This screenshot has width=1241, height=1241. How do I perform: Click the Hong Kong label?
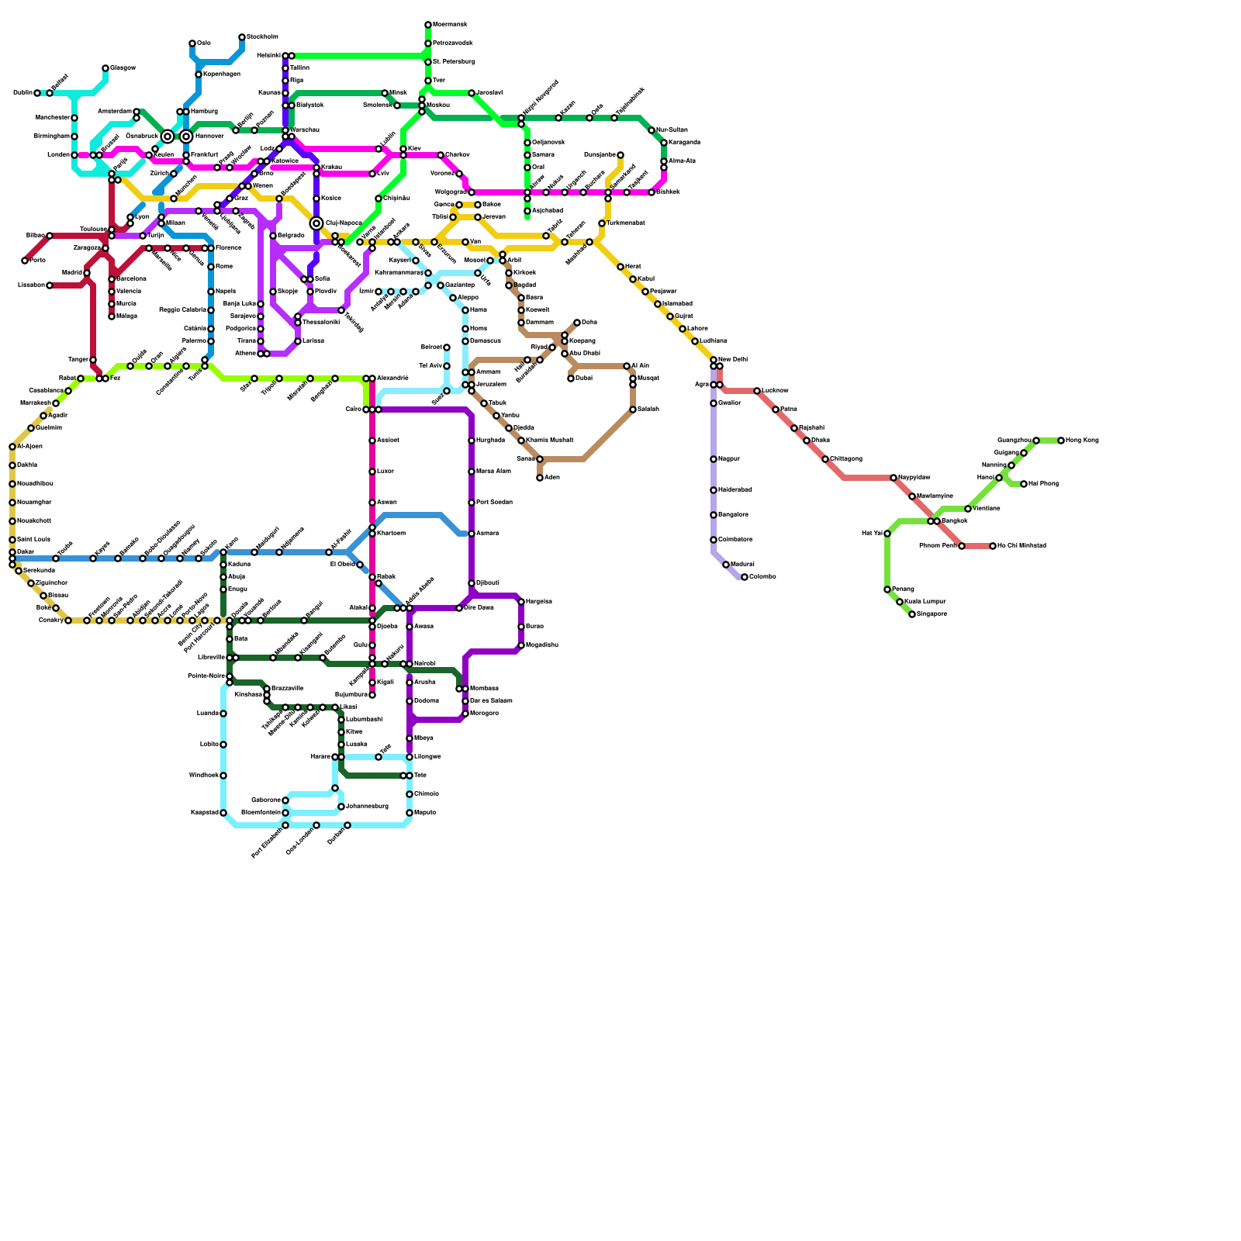pos(1082,441)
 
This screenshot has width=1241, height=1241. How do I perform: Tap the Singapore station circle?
pos(912,614)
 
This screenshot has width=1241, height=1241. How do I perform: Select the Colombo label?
pos(762,577)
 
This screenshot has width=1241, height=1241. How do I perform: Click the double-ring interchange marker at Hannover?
pos(186,137)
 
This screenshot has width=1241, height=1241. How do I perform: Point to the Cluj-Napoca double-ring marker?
pos(316,223)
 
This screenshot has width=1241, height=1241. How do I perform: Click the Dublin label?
pos(22,93)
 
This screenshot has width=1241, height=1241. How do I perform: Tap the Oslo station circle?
pos(192,43)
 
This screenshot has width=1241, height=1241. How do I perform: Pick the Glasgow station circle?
pos(105,68)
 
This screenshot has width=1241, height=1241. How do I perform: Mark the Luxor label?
pos(386,472)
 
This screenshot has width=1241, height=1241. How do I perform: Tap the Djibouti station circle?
pos(472,583)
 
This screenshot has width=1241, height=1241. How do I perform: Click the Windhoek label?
pos(203,776)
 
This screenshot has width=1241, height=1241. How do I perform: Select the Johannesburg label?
pos(367,807)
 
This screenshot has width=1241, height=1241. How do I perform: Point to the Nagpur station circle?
pos(714,459)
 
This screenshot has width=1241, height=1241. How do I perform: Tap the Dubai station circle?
pos(571,379)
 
